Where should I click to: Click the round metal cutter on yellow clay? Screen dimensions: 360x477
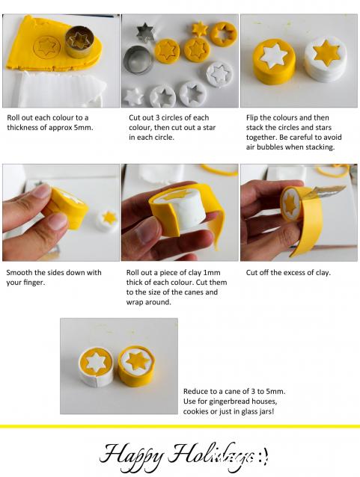click(x=79, y=42)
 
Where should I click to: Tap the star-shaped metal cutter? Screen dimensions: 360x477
click(x=145, y=33)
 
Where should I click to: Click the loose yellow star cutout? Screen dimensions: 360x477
click(x=200, y=29)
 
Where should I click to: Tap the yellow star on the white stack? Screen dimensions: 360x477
click(x=326, y=53)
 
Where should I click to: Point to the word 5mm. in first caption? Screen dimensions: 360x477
click(x=84, y=127)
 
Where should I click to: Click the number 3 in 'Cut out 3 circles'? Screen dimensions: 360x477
click(x=157, y=117)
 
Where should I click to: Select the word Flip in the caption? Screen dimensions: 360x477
click(x=252, y=118)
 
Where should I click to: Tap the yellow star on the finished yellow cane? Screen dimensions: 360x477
click(x=136, y=360)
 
